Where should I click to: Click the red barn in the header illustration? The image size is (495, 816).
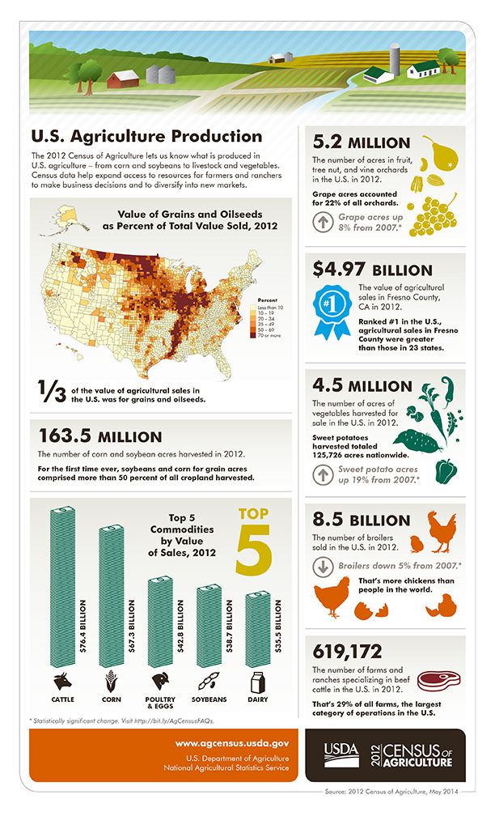[x=124, y=79]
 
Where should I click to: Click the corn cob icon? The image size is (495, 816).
[x=110, y=680]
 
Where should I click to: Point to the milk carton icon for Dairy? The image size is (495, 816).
[x=258, y=680]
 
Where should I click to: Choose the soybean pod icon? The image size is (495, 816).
[x=209, y=680]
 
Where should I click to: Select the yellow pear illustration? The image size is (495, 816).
[x=438, y=154]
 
